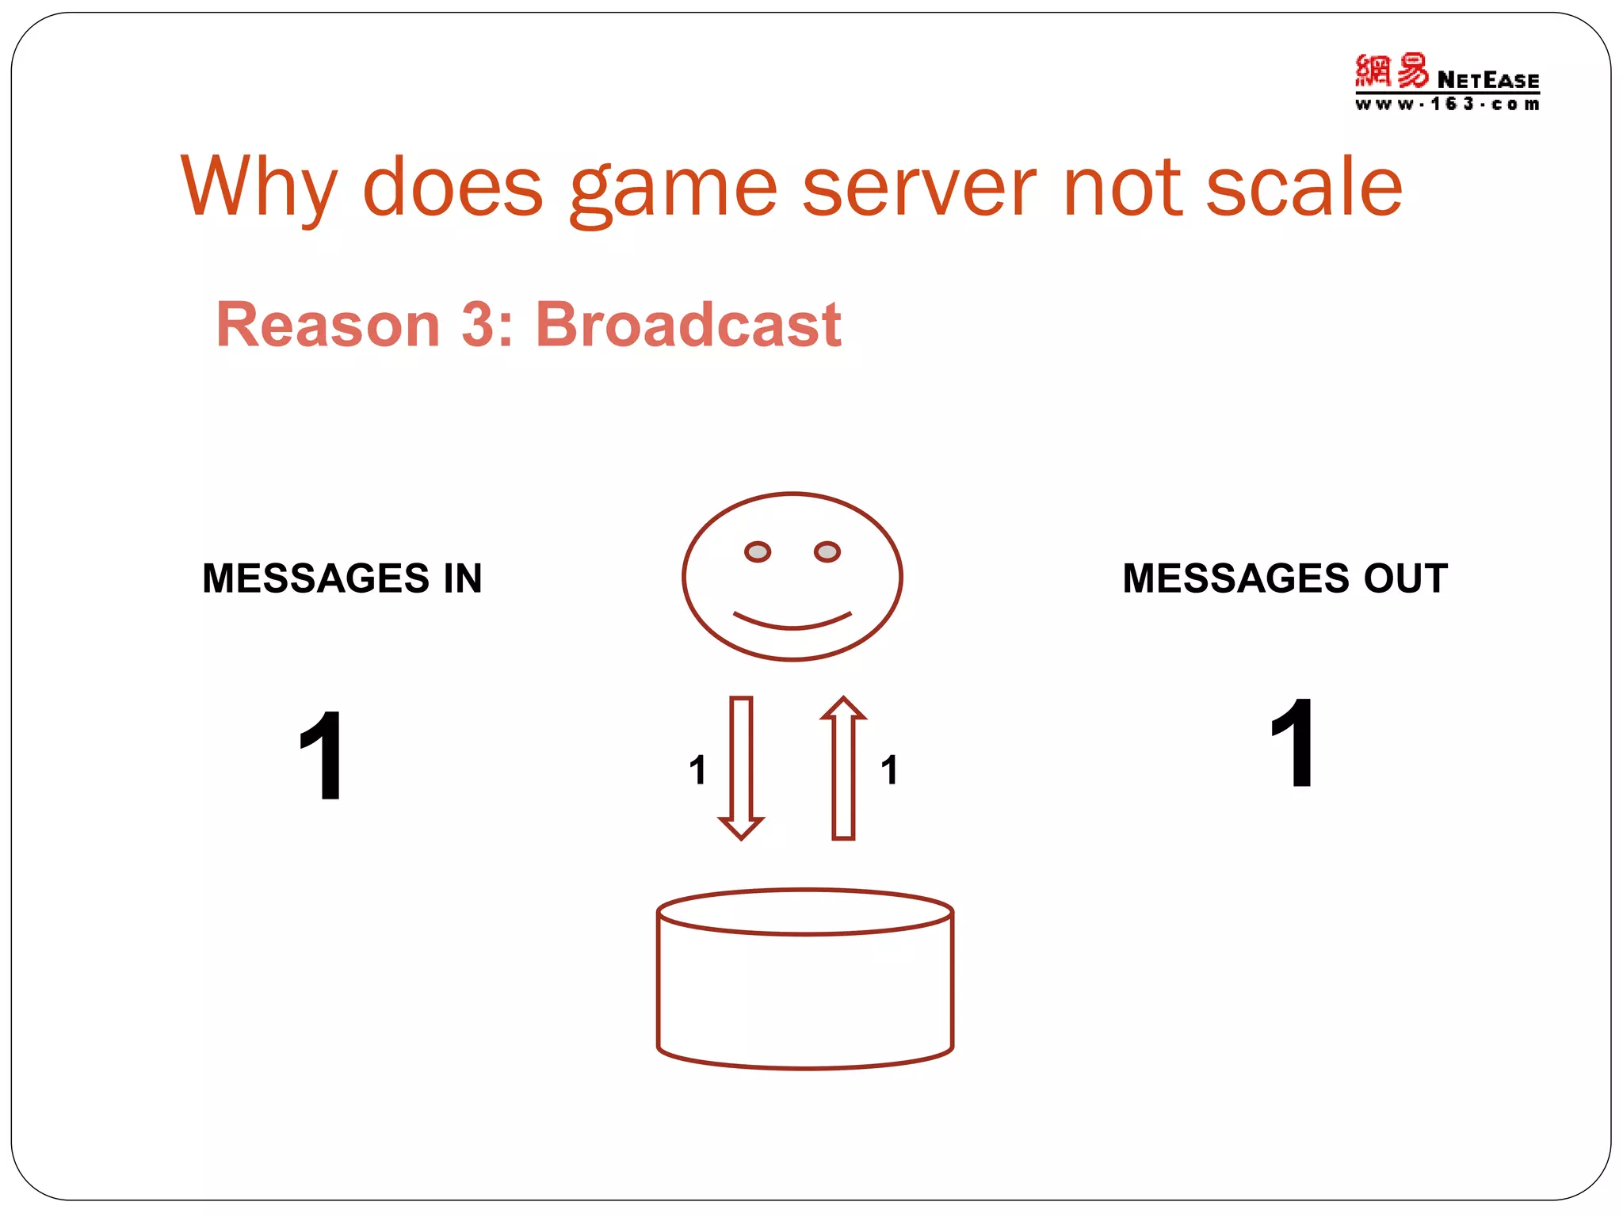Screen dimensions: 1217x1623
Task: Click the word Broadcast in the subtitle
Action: pos(688,325)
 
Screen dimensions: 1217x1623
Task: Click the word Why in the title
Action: pos(259,188)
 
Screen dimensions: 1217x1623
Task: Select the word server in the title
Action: pos(918,188)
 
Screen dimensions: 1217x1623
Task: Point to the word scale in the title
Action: pos(1304,188)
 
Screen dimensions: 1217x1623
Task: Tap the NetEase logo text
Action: pos(1487,80)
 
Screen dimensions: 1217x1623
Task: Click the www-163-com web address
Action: pos(1447,104)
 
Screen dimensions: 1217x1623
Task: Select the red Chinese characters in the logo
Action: pos(1391,71)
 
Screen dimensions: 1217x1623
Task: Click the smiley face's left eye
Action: pos(758,551)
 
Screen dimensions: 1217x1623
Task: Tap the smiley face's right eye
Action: pos(827,551)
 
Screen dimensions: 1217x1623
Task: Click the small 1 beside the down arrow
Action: pos(697,770)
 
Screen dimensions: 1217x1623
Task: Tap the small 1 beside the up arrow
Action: pos(889,770)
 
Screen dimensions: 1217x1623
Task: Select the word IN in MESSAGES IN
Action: pos(463,578)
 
